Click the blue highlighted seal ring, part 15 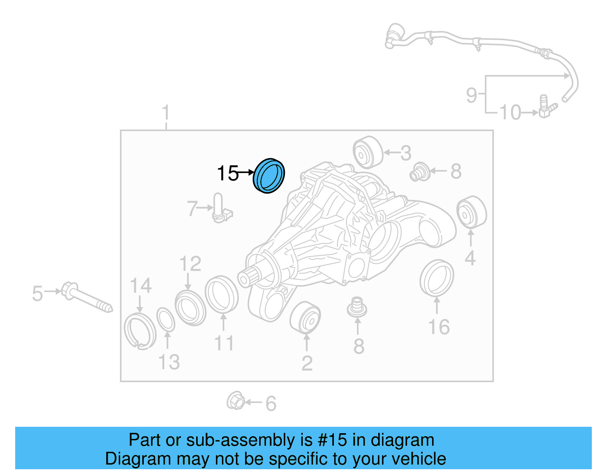click(x=269, y=176)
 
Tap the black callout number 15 click(x=228, y=173)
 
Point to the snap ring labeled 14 click(x=140, y=331)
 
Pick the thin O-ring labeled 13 click(x=166, y=320)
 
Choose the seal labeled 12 click(x=190, y=308)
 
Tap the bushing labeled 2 click(x=305, y=318)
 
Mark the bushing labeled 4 click(x=471, y=212)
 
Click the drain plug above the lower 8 click(x=357, y=308)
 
